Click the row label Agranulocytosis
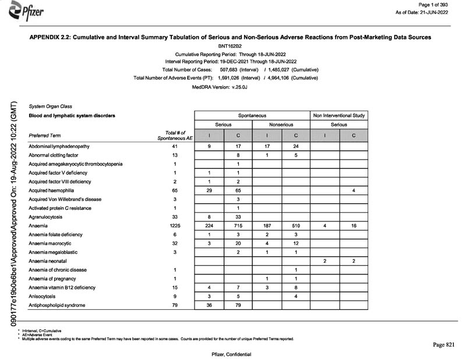(47, 217)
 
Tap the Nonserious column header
(281, 125)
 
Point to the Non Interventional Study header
(339, 115)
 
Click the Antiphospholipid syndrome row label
(57, 305)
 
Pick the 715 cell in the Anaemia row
(238, 225)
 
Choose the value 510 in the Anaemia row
(296, 225)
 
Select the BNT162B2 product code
(232, 45)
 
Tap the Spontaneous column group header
(252, 115)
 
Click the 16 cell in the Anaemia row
(354, 225)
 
